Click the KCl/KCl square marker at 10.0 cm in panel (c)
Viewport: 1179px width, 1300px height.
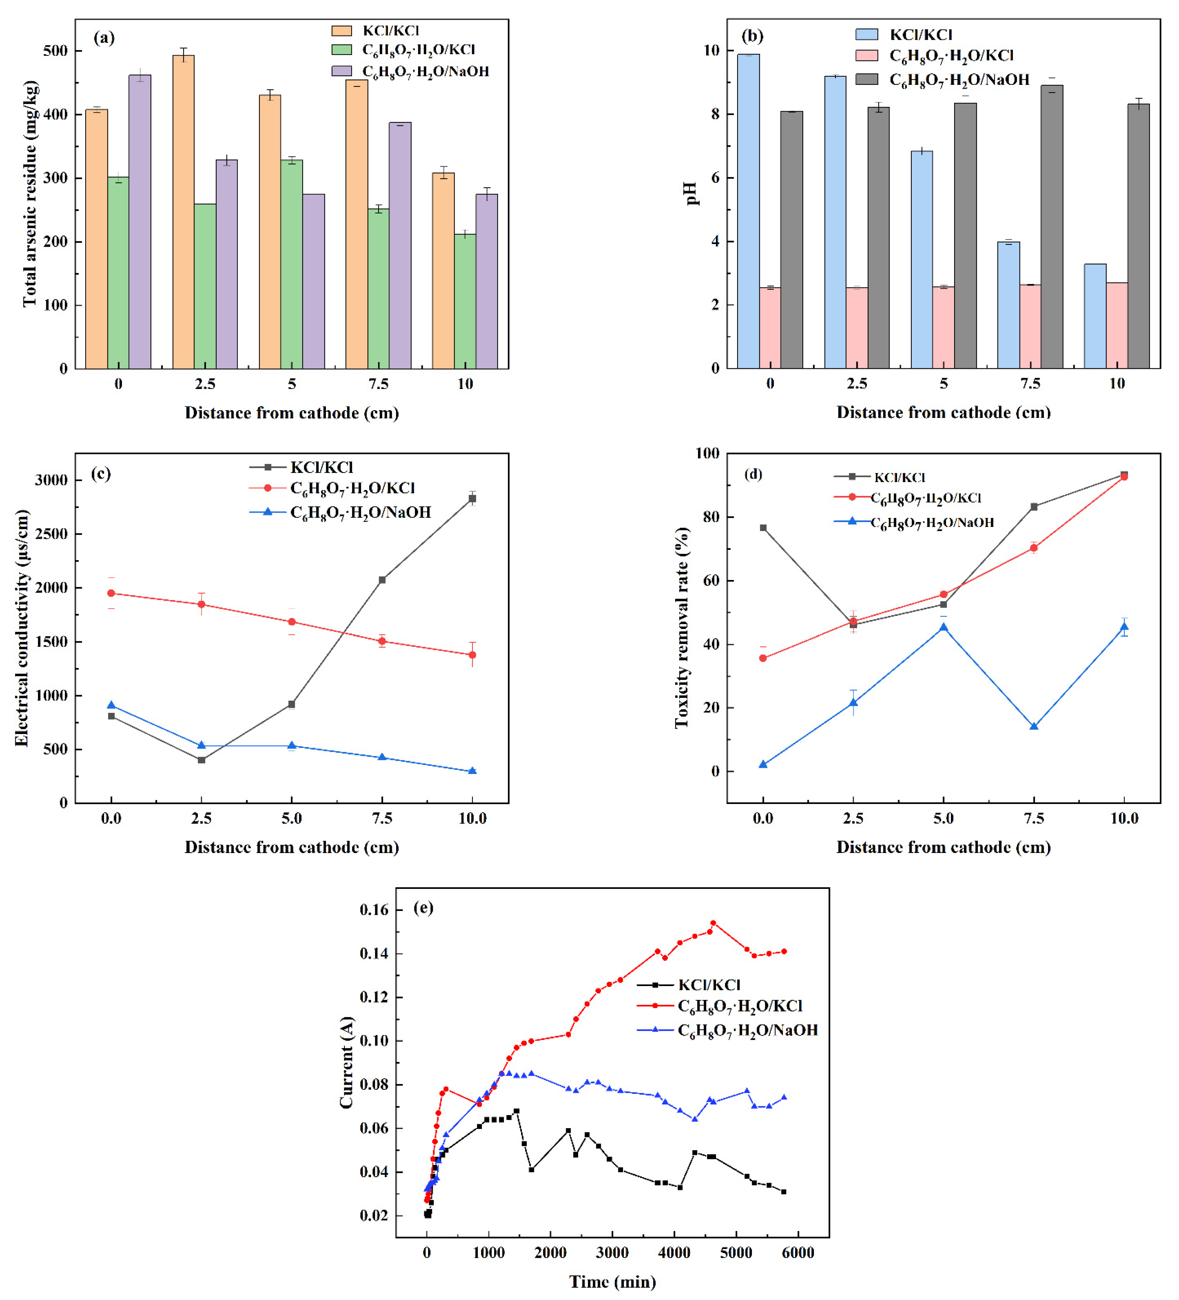473,498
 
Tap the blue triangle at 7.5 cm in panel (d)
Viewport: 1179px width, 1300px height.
1034,727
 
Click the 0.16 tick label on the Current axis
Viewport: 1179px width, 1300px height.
374,910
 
